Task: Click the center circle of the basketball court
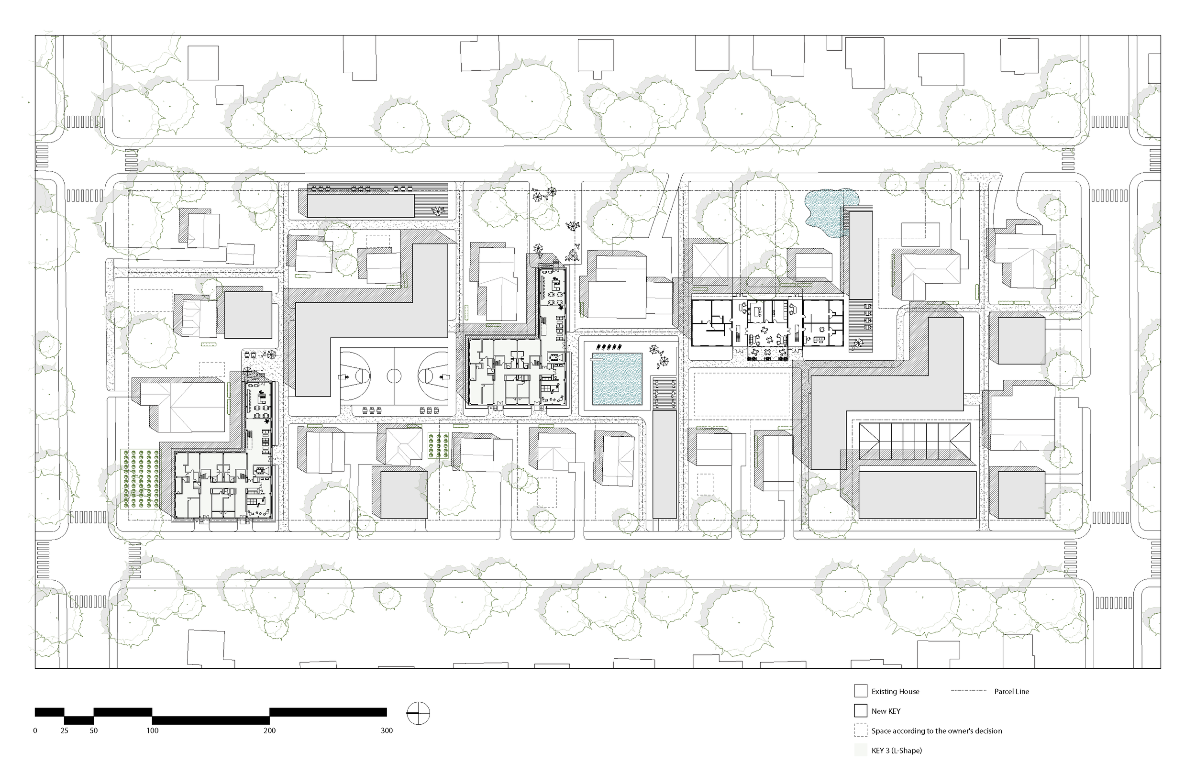tap(394, 375)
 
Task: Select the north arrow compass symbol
tap(418, 713)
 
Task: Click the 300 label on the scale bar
tap(387, 731)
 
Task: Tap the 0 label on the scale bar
tap(35, 731)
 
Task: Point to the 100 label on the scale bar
tap(152, 731)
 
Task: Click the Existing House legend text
tap(895, 692)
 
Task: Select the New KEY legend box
tap(860, 711)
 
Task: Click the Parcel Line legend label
tap(1011, 692)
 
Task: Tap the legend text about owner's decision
tap(936, 731)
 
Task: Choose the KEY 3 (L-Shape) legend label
tap(897, 751)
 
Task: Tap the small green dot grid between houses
tap(438, 445)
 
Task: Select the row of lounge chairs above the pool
tap(608, 347)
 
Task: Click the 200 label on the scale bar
tap(269, 731)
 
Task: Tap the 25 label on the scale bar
tap(64, 731)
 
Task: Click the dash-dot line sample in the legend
tap(968, 691)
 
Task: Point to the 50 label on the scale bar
tap(93, 731)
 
